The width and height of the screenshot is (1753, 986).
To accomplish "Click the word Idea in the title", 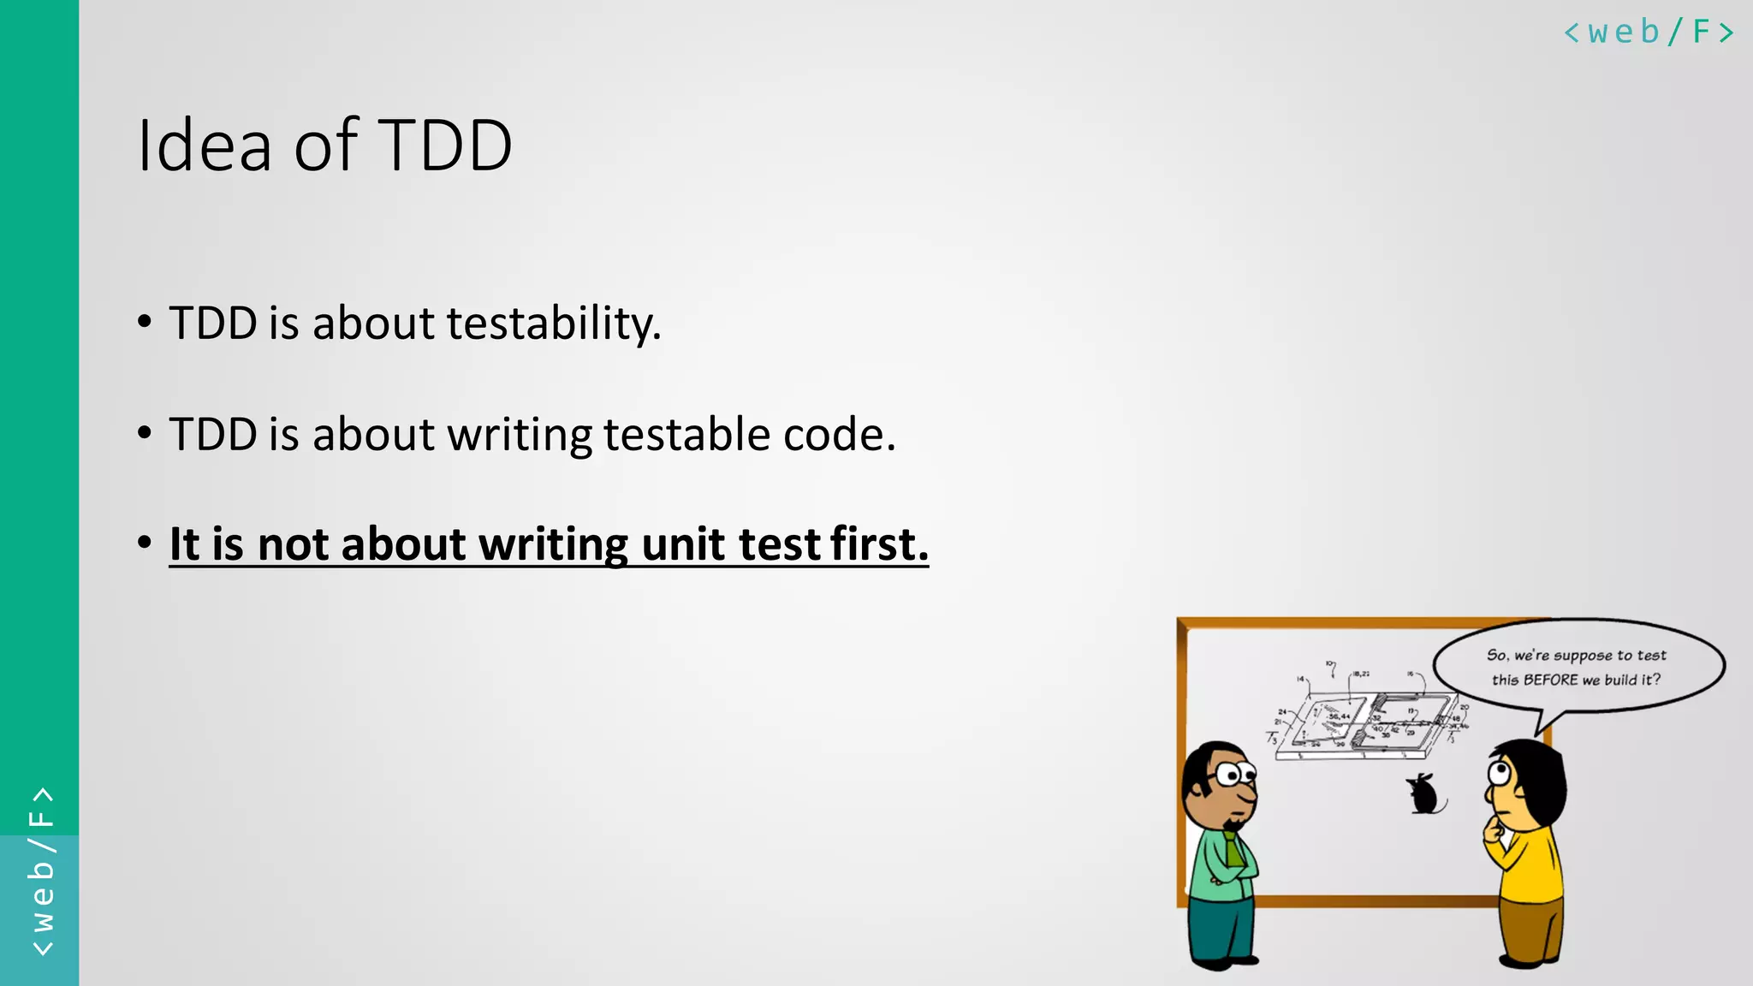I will [204, 146].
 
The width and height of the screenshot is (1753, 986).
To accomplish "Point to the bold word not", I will [292, 544].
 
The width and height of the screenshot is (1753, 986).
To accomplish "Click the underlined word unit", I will [682, 544].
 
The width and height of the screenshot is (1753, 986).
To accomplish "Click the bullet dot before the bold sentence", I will [145, 543].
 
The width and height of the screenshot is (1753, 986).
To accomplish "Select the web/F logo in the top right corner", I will [1648, 33].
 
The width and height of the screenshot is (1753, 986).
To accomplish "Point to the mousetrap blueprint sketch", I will [1368, 723].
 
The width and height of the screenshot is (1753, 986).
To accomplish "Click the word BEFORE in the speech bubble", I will [1550, 680].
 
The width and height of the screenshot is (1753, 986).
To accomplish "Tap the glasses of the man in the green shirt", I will [1232, 775].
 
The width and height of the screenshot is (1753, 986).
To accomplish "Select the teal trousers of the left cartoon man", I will [1222, 929].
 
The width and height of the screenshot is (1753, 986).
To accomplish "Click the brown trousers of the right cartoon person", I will [1532, 929].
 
